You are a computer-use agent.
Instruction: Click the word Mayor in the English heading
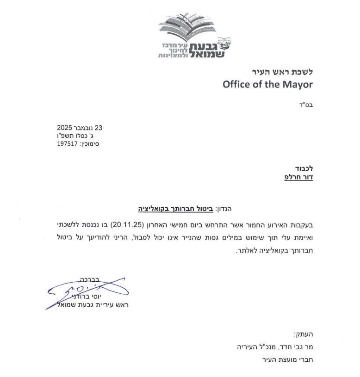click(295, 85)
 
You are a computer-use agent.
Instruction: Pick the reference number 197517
click(65, 144)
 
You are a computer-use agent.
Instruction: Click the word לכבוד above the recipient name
click(304, 168)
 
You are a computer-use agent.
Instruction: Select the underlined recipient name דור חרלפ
click(299, 177)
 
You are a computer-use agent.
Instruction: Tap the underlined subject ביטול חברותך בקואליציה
click(174, 209)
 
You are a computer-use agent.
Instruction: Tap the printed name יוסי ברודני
click(110, 296)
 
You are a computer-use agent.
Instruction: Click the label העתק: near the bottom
click(304, 335)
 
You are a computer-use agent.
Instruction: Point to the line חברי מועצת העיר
click(287, 358)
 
